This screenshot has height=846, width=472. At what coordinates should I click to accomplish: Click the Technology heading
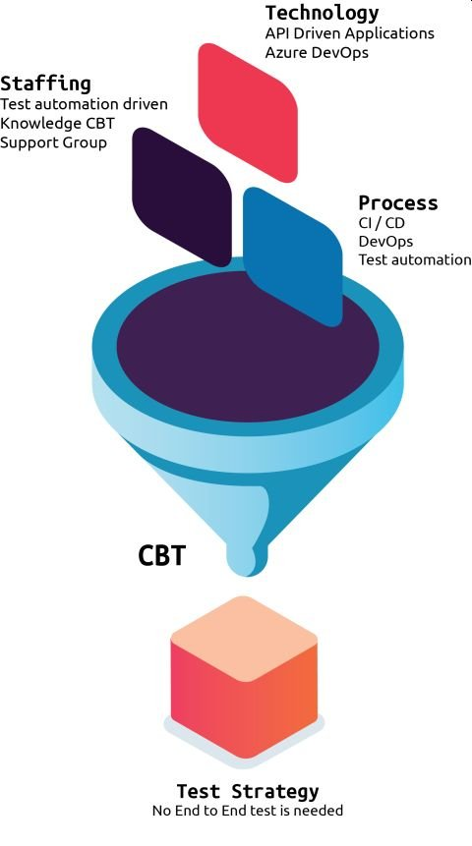pos(322,14)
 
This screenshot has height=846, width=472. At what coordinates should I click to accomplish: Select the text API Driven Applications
pos(349,33)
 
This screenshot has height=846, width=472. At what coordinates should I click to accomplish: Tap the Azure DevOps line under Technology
pos(317,52)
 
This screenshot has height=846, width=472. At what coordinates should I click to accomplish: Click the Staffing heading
pos(45,85)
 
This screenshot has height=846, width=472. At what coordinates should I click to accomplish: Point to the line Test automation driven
pos(84,103)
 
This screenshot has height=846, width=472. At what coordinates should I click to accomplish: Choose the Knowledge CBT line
pos(57,123)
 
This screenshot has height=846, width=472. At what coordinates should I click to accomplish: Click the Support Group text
pos(53,142)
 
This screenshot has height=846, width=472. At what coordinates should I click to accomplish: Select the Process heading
pos(398,202)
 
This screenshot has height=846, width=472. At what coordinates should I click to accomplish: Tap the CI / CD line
pos(382,223)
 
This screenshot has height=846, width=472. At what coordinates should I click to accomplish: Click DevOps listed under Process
pos(385,241)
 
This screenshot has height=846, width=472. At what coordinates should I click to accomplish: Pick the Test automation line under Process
pos(415,259)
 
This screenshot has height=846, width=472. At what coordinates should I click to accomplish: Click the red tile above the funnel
pos(248,112)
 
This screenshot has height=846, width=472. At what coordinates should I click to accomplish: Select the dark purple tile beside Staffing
pos(182,197)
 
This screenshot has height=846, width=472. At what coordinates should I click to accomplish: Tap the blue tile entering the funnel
pos(293,256)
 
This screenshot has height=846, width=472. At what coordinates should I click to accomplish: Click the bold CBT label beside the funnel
pos(161,555)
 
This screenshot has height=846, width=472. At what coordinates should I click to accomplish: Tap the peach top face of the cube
pos(244,639)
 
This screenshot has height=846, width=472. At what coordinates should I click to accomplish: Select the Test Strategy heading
pos(248,792)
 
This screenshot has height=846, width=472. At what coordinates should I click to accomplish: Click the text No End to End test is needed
pos(248,810)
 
